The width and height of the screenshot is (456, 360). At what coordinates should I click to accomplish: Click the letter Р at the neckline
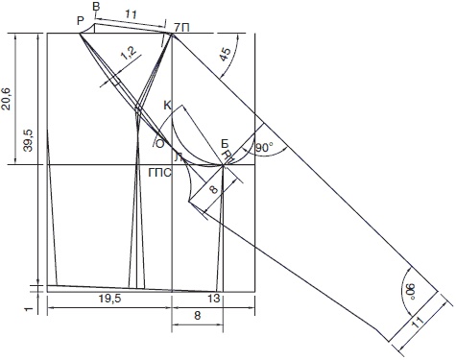click(81, 21)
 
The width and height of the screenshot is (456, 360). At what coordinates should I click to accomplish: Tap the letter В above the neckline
click(96, 8)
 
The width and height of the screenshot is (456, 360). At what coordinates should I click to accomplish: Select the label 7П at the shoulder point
click(182, 28)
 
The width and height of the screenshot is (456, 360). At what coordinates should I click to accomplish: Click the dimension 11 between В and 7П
click(131, 14)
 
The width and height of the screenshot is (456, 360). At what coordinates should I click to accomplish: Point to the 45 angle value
click(226, 54)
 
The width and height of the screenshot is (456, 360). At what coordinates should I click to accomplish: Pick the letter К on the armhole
click(168, 106)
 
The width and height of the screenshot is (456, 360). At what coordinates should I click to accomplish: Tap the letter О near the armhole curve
click(159, 144)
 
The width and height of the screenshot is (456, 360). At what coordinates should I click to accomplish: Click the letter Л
click(179, 156)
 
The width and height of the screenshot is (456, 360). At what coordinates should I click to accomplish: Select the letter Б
click(225, 144)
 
